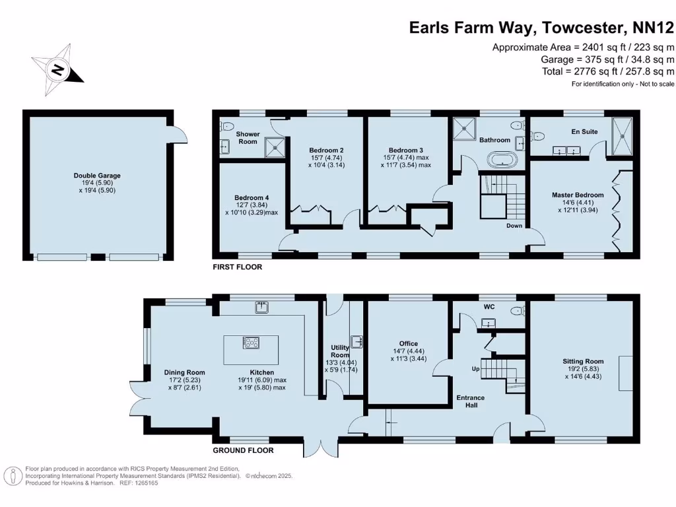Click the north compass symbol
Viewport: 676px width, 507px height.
pos(58,69)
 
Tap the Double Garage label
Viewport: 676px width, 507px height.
pos(97,176)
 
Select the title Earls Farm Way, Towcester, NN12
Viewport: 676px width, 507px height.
pos(541,27)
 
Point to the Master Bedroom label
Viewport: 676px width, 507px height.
pos(578,195)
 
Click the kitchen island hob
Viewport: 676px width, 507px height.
pos(252,342)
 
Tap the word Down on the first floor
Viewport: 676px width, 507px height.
pos(515,225)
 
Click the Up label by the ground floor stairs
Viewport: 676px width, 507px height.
pos(475,368)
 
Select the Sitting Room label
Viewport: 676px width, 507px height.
pos(583,361)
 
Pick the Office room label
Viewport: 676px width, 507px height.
pos(409,343)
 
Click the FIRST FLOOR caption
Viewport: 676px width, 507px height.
pos(237,267)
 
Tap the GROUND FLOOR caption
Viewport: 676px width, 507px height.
pos(243,450)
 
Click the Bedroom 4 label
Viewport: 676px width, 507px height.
pos(251,197)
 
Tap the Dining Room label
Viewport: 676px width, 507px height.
pos(184,372)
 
